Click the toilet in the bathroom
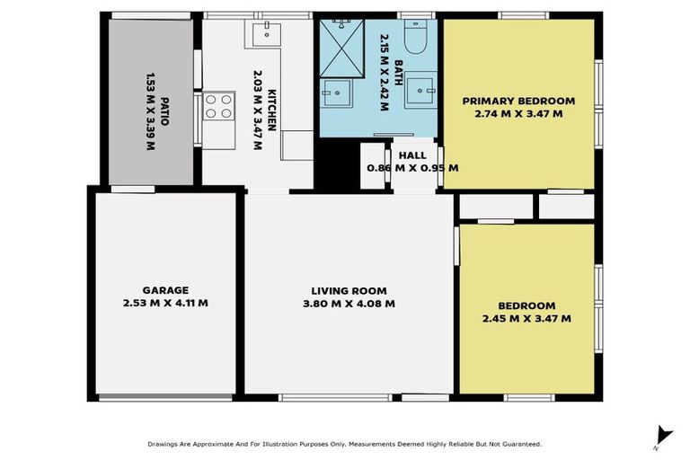414,37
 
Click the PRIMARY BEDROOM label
518,101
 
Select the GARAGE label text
165,290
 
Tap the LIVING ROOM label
349,290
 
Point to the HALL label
412,155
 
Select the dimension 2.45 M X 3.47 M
526,318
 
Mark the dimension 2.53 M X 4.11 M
165,304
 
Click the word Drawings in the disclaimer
165,444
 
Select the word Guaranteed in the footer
519,444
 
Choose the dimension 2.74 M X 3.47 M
518,114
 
